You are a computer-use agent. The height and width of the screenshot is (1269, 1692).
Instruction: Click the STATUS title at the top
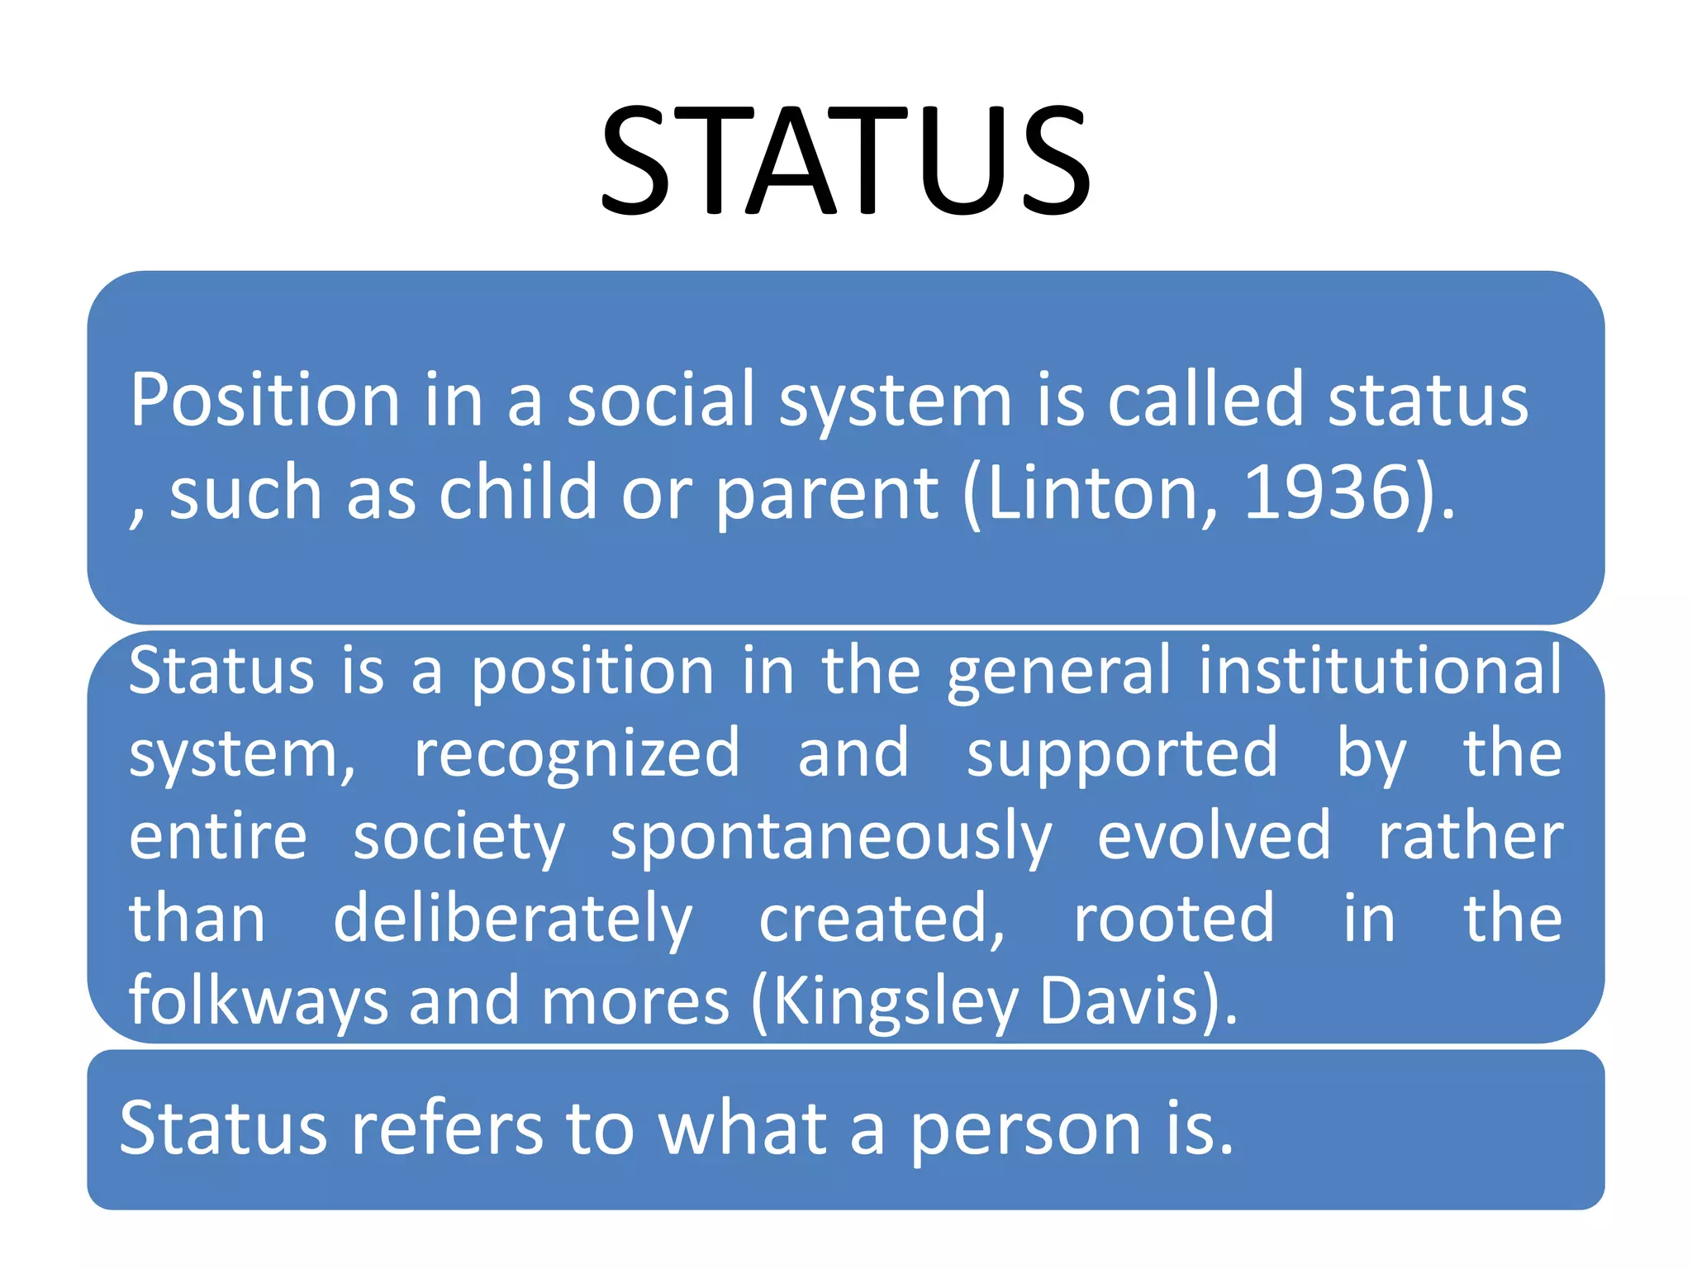tap(846, 161)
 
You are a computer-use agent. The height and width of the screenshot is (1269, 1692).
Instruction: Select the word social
tap(661, 400)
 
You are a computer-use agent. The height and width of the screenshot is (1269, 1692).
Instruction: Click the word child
tap(517, 493)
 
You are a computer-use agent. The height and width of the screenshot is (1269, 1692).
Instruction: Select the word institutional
tap(1380, 670)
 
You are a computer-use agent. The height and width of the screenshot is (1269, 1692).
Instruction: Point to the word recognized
tap(577, 754)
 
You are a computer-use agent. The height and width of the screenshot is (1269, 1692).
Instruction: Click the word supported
tap(1122, 754)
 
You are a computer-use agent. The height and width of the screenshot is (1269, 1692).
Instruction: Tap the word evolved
tap(1214, 836)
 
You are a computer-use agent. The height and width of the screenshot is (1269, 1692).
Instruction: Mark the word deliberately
tap(512, 920)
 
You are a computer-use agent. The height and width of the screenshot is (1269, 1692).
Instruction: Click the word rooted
tap(1173, 919)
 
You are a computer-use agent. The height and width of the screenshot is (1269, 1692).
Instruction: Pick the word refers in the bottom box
tap(447, 1129)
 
